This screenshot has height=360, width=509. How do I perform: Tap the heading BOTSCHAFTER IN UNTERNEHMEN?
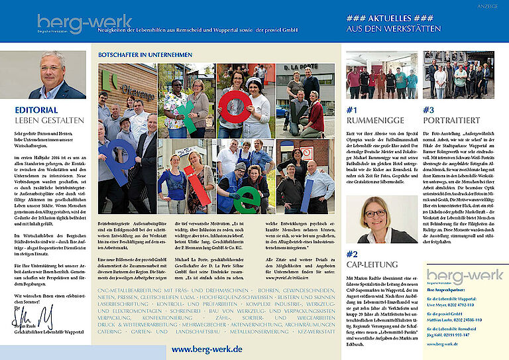144,55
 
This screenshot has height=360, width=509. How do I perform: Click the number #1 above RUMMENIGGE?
353,110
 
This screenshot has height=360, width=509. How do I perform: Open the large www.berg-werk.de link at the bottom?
207,349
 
